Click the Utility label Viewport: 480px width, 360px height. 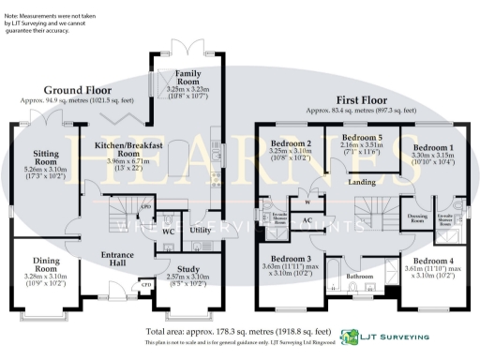tap(200, 229)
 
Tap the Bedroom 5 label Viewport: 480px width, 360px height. tap(361, 137)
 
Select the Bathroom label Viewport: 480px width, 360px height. tap(360, 277)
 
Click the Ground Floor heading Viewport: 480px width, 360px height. tap(63, 89)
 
